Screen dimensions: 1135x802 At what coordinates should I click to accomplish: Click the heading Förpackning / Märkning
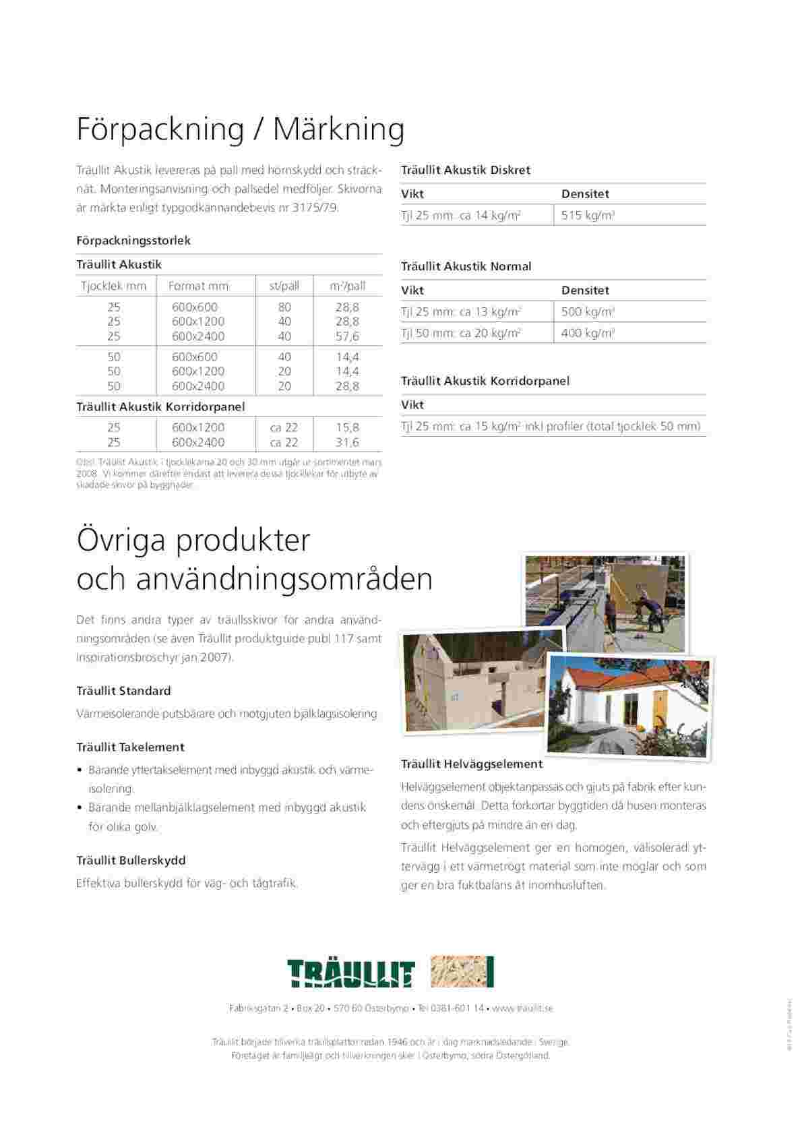pos(240,129)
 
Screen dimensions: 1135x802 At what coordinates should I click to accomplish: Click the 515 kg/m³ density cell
pos(588,216)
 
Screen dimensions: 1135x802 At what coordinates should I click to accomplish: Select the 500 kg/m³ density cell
pos(588,312)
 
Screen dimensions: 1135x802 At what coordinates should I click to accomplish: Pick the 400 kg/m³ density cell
pos(588,333)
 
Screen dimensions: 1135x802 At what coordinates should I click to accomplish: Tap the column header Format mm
pos(198,286)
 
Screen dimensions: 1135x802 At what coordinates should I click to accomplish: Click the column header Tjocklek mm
pos(114,286)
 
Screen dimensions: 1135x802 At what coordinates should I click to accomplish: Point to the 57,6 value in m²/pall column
pos(348,336)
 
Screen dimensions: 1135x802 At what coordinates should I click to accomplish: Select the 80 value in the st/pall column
pos(284,307)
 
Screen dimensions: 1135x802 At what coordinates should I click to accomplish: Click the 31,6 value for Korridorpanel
pos(348,442)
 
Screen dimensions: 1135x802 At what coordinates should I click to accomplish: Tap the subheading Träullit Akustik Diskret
pos(466,171)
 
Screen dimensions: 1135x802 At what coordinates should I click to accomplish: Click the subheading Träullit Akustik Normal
pos(466,267)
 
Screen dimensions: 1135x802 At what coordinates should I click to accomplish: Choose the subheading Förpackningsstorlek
pos(133,241)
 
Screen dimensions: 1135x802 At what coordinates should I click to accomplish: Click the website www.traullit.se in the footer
pos(522,1008)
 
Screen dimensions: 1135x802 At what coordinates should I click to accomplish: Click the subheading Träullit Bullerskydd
pos(131,861)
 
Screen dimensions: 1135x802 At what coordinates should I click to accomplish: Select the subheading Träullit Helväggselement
pos(472,764)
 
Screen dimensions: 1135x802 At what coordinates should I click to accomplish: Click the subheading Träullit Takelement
pos(130,747)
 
